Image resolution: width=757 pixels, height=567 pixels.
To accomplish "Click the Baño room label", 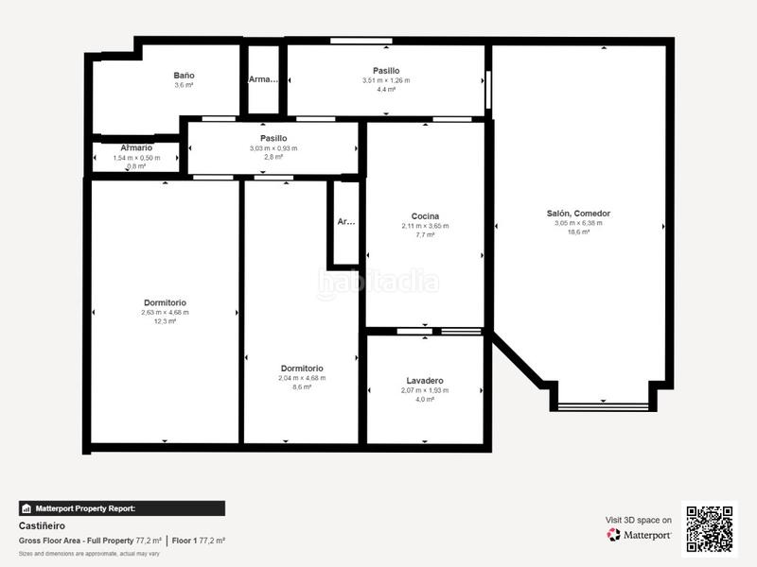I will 184,75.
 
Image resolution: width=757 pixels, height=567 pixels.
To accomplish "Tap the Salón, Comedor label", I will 578,214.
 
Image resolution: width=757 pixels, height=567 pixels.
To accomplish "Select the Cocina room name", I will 425,216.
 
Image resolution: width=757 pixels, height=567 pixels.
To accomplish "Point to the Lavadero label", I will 425,381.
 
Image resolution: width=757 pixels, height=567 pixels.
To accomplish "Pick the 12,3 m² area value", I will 165,321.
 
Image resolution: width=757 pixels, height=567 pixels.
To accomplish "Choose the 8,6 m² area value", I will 302,387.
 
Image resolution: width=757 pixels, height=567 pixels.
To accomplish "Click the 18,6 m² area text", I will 578,232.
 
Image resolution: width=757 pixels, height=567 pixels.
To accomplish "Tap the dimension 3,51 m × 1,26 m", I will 386,80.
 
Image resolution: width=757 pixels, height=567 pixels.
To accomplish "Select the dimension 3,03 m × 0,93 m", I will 273,148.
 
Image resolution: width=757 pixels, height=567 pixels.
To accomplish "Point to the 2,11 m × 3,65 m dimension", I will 425,226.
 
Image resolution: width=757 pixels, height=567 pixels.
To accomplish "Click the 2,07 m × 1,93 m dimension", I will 425,390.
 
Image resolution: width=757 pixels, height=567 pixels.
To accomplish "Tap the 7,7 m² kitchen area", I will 425,235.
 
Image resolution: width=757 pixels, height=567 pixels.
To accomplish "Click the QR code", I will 710,529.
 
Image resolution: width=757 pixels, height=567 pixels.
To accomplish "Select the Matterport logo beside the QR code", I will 640,535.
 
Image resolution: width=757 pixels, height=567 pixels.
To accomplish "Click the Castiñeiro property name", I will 43,524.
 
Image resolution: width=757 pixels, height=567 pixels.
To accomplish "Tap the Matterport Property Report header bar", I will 122,508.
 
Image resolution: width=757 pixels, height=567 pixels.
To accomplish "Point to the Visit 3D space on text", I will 639,520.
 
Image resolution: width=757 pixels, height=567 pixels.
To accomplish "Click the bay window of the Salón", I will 603,406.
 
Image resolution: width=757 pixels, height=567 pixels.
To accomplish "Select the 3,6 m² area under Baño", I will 184,85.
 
